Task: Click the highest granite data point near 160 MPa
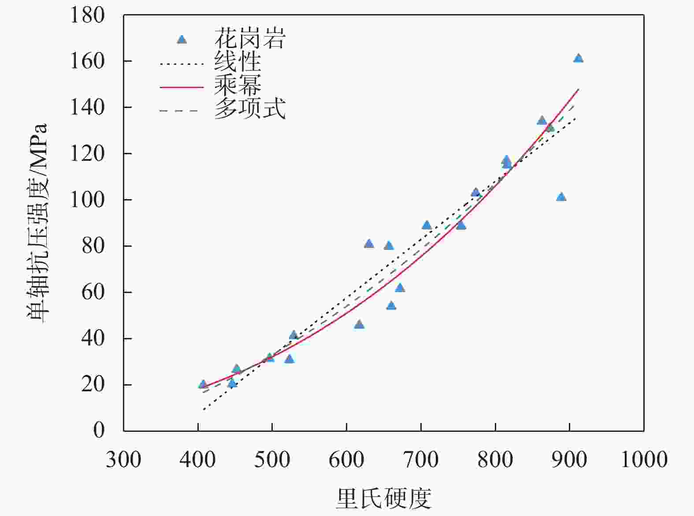click(x=578, y=59)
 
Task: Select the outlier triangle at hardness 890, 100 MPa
click(x=561, y=197)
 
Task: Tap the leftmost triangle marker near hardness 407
click(x=203, y=384)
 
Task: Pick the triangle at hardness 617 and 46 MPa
click(x=359, y=325)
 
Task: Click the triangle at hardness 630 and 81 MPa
click(x=369, y=244)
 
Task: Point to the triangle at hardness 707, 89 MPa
click(x=426, y=226)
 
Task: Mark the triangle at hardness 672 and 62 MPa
click(x=400, y=288)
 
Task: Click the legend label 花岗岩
click(x=250, y=38)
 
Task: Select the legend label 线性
click(x=238, y=62)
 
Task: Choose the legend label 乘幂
click(x=238, y=85)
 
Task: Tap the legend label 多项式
click(x=250, y=108)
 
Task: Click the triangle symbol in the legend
click(x=182, y=40)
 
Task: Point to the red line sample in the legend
click(x=182, y=87)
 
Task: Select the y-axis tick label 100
click(x=87, y=200)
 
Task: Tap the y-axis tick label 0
click(x=99, y=430)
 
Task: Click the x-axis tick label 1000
click(x=644, y=460)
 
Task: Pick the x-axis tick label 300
click(x=123, y=460)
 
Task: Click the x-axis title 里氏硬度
click(x=383, y=499)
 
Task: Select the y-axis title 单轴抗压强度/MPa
click(x=37, y=223)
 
